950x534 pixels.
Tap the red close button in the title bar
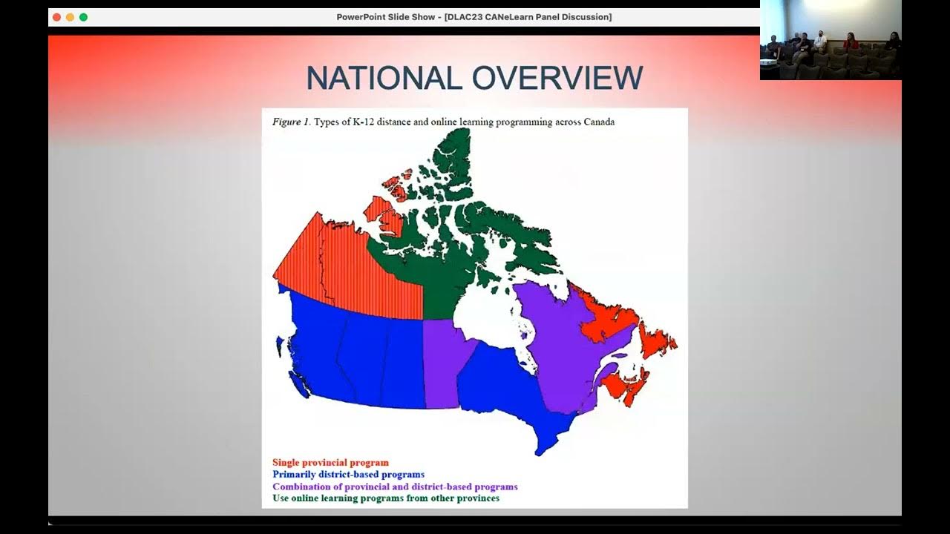tap(56, 17)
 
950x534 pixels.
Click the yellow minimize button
tap(70, 17)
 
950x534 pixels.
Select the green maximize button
tap(83, 17)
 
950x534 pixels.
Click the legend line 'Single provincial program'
tap(330, 463)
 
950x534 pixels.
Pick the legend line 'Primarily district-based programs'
tap(348, 475)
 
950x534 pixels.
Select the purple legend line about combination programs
tap(395, 487)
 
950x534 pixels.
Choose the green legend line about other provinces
tap(385, 498)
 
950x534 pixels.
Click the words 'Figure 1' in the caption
tap(290, 122)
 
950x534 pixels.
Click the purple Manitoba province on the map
tap(442, 363)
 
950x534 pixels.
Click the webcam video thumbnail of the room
tap(830, 40)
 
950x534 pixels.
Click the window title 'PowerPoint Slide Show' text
tap(387, 17)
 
